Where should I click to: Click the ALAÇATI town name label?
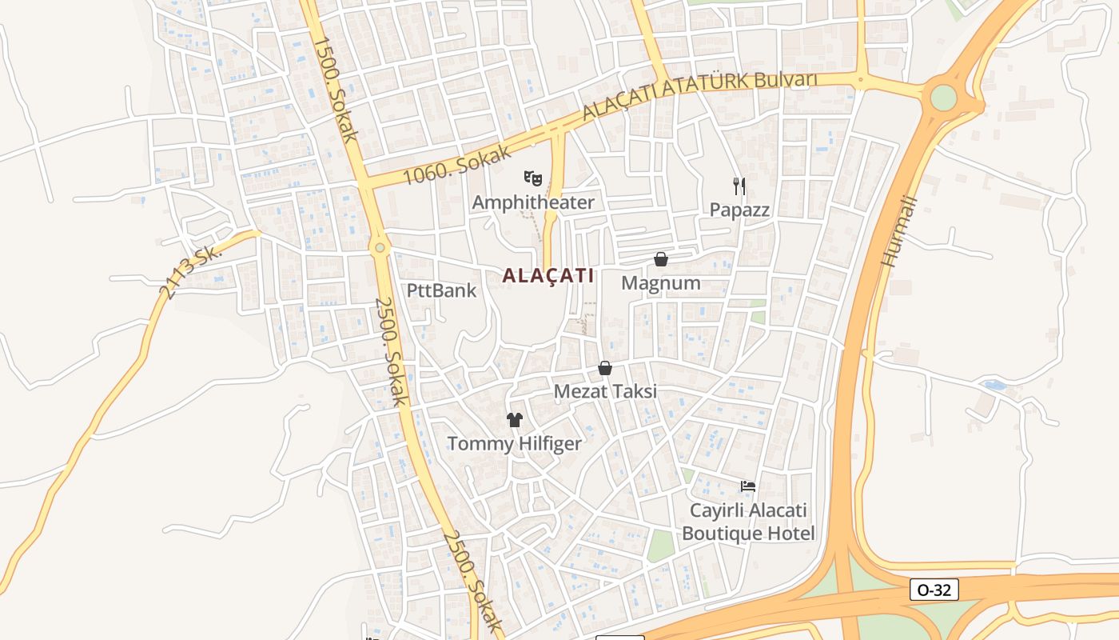pos(548,276)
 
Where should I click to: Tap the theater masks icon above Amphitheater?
pos(533,178)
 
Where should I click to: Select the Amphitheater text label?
pos(533,202)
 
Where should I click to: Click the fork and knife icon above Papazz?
pos(739,186)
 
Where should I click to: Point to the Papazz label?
pos(739,210)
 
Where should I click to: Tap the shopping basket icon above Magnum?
pos(661,259)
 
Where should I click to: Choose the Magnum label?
pos(661,283)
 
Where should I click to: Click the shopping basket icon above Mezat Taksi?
pos(605,368)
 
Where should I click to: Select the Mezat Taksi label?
pos(605,391)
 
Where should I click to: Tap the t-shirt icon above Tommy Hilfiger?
pos(514,419)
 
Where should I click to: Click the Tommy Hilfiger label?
pos(514,443)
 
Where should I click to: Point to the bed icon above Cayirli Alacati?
pos(748,486)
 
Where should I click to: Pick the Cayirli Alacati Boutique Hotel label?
pos(748,522)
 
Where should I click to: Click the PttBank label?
pos(441,290)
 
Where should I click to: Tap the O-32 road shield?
pos(934,590)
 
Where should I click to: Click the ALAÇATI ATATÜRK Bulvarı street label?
pos(699,96)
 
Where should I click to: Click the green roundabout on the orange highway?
pos(943,98)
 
